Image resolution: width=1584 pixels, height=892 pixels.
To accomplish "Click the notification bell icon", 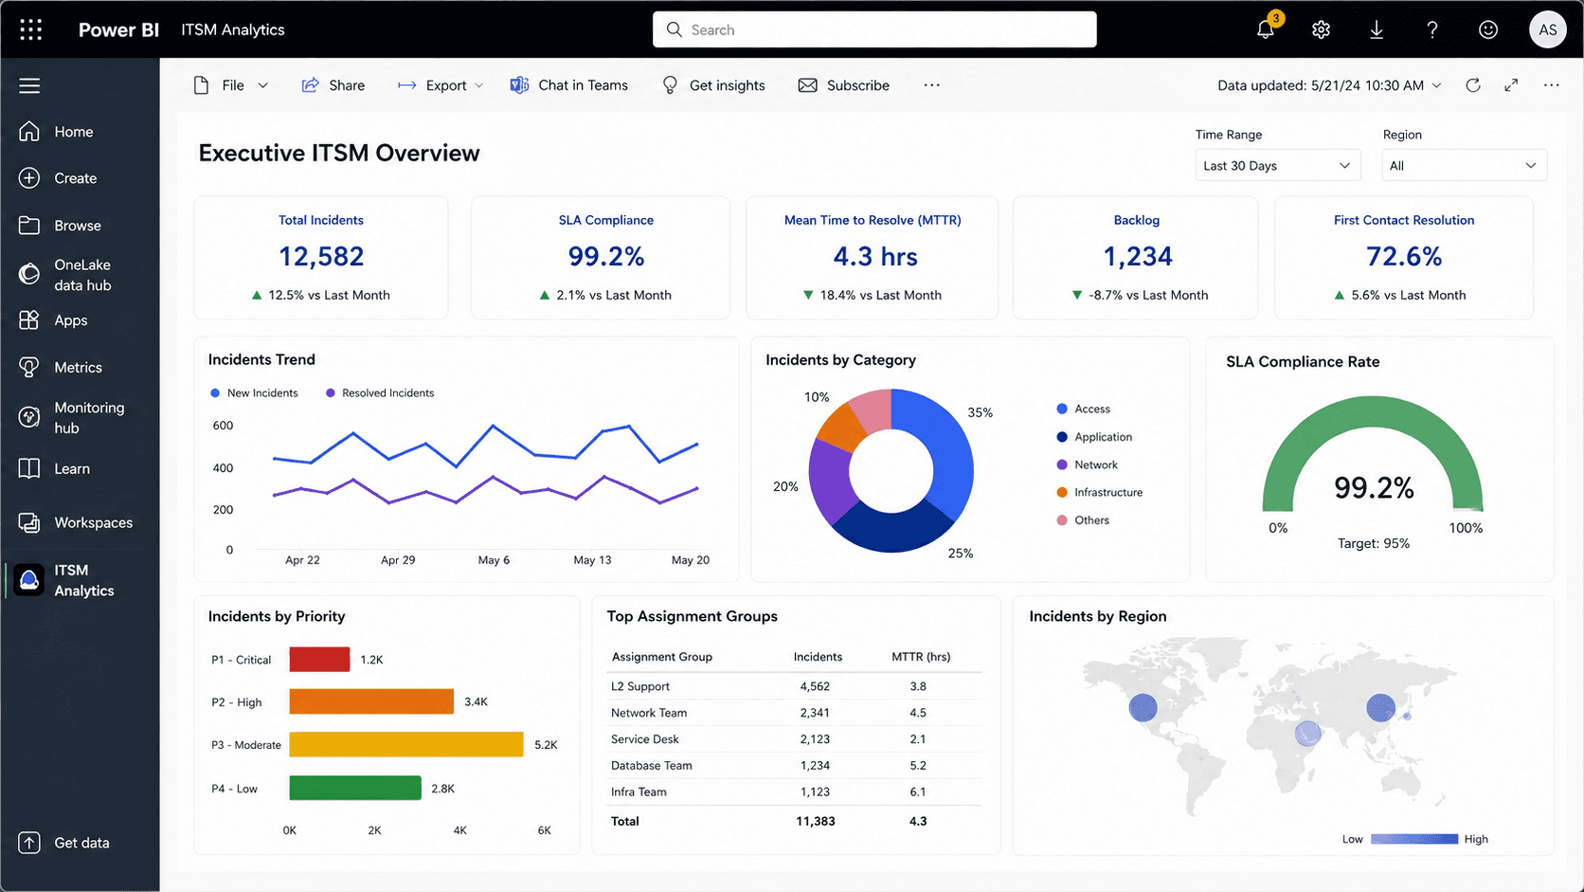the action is pyautogui.click(x=1265, y=29).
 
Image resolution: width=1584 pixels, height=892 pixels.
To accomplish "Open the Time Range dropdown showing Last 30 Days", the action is pyautogui.click(x=1278, y=166).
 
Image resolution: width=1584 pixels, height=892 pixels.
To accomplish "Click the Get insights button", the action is pyautogui.click(x=713, y=85).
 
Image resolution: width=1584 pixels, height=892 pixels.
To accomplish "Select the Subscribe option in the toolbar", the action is pyautogui.click(x=843, y=85).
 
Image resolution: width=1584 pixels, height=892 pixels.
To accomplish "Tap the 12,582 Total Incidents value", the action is pyautogui.click(x=321, y=256).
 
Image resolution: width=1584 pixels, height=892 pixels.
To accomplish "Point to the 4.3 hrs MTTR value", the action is pyautogui.click(x=874, y=256).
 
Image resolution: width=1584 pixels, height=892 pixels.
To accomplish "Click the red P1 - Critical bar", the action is pyautogui.click(x=319, y=659).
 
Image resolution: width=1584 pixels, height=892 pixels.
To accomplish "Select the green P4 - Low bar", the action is pyautogui.click(x=355, y=788).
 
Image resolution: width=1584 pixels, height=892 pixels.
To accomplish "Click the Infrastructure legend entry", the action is pyautogui.click(x=1100, y=492).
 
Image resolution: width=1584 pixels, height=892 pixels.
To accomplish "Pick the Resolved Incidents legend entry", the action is pyautogui.click(x=380, y=392).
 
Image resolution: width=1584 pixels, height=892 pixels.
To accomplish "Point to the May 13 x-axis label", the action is pyautogui.click(x=592, y=559).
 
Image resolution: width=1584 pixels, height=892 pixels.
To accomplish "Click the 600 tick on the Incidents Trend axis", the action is pyautogui.click(x=223, y=425).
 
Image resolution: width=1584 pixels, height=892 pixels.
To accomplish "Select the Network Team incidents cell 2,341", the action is pyautogui.click(x=815, y=712).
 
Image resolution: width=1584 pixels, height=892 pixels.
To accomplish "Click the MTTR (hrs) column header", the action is pyautogui.click(x=921, y=657).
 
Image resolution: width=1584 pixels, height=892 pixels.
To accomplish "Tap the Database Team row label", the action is pyautogui.click(x=651, y=765).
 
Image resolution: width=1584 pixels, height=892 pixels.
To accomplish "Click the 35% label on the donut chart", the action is pyautogui.click(x=981, y=412).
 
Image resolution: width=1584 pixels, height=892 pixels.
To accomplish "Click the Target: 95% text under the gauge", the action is pyautogui.click(x=1374, y=543).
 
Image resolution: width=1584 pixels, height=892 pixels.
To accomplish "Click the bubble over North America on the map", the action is pyautogui.click(x=1143, y=707).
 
